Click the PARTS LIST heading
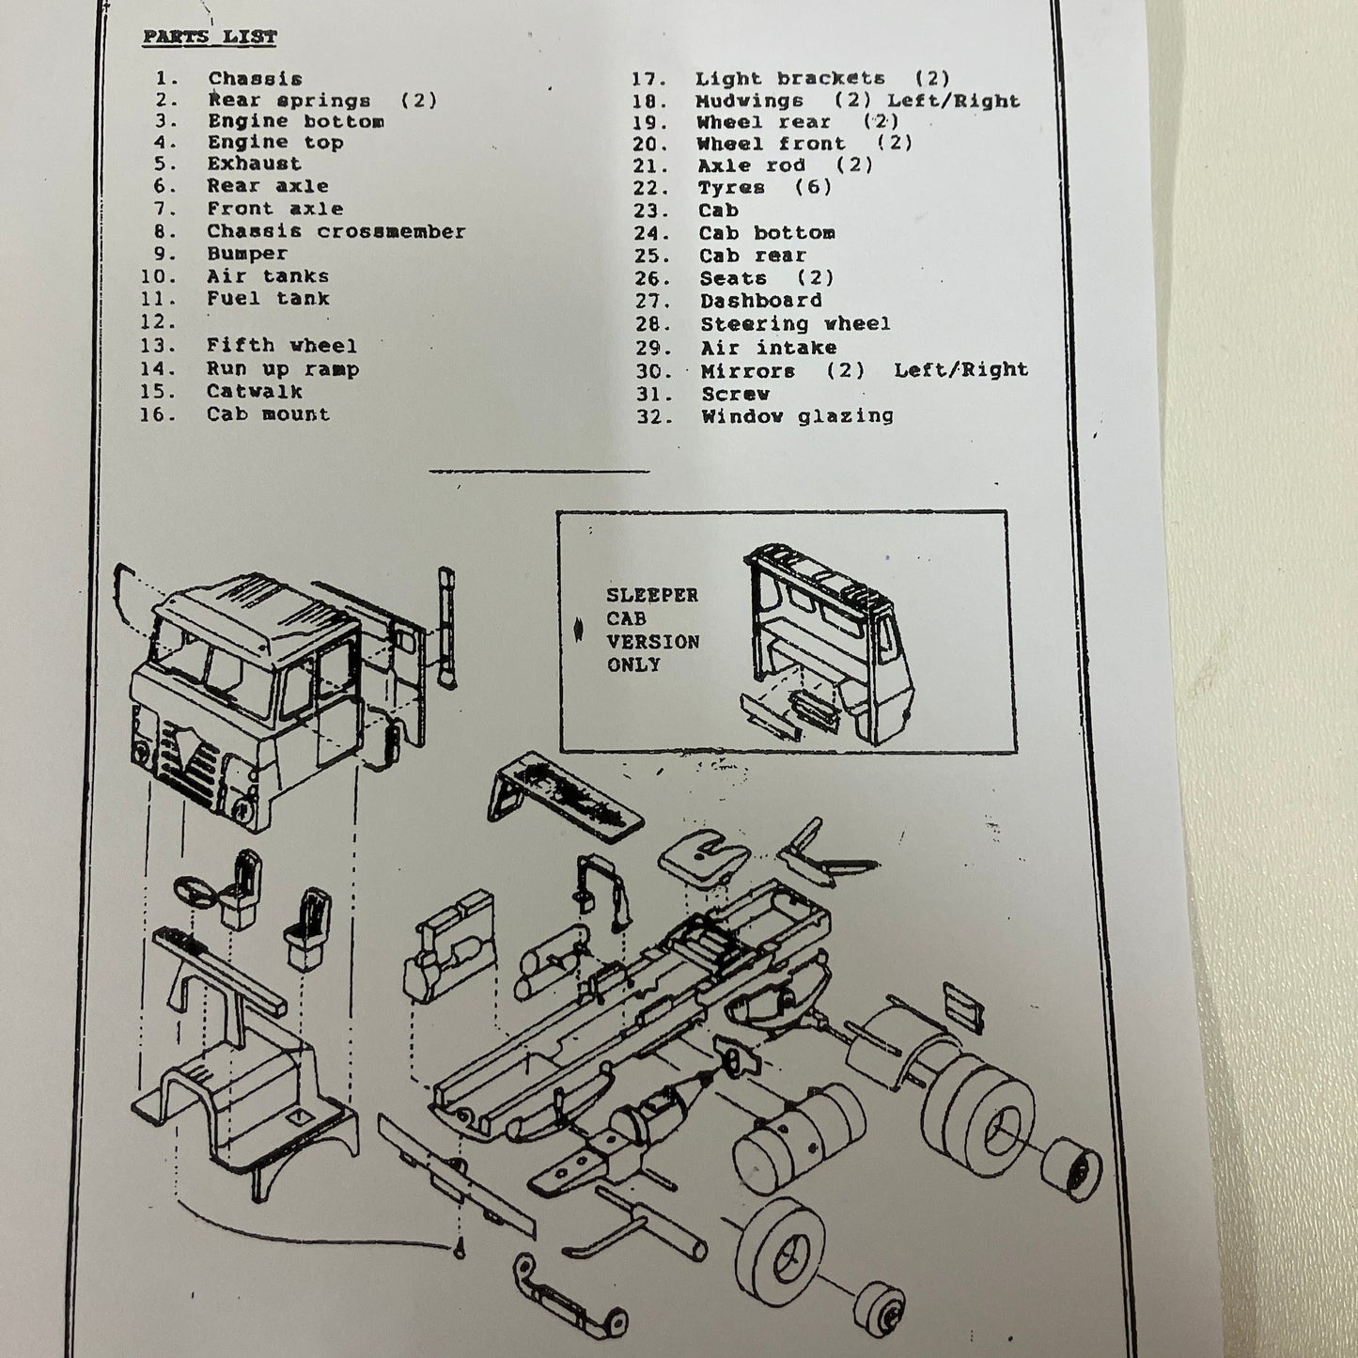tap(210, 38)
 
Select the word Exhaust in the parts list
tap(254, 164)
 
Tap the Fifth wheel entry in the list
tap(282, 346)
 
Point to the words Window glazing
tap(797, 416)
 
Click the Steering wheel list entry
tap(795, 324)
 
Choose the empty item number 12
tap(158, 322)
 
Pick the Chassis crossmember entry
tap(336, 232)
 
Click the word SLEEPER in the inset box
tap(652, 596)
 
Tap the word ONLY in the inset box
tap(633, 665)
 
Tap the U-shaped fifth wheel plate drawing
tap(703, 856)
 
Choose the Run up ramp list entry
tap(282, 369)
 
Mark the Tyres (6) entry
tap(765, 188)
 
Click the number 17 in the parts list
tap(648, 80)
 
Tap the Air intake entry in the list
tap(768, 348)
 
